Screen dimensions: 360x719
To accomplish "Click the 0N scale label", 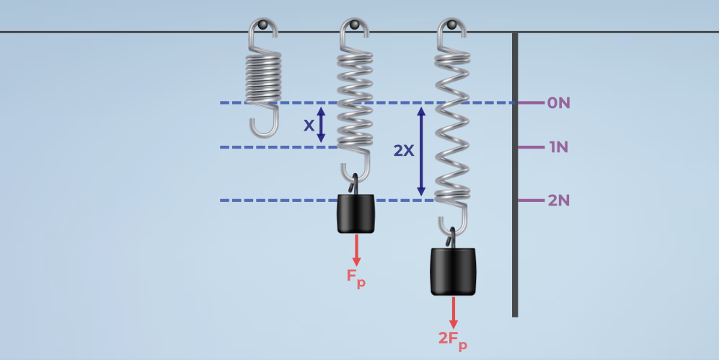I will (x=558, y=102).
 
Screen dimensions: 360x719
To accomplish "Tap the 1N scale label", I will (x=558, y=147).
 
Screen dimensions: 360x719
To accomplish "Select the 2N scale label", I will (x=558, y=201).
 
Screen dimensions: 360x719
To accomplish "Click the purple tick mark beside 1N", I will (x=531, y=147).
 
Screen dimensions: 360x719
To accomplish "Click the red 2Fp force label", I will (x=453, y=337).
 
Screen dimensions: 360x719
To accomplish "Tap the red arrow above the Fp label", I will (x=356, y=250).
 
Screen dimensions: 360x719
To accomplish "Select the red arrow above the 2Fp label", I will (x=454, y=311).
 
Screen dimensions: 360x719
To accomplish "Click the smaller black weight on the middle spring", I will (x=356, y=214).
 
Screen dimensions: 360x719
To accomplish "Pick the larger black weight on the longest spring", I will (x=454, y=271).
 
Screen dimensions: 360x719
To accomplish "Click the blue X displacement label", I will (x=309, y=126).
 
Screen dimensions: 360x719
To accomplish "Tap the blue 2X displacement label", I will (x=404, y=151).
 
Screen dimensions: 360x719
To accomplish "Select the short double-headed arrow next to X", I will (x=322, y=125).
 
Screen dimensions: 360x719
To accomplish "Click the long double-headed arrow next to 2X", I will (x=422, y=151).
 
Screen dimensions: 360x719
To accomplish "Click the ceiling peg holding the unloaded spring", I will (x=264, y=26).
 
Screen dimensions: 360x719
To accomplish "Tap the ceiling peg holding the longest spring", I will (x=452, y=26).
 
